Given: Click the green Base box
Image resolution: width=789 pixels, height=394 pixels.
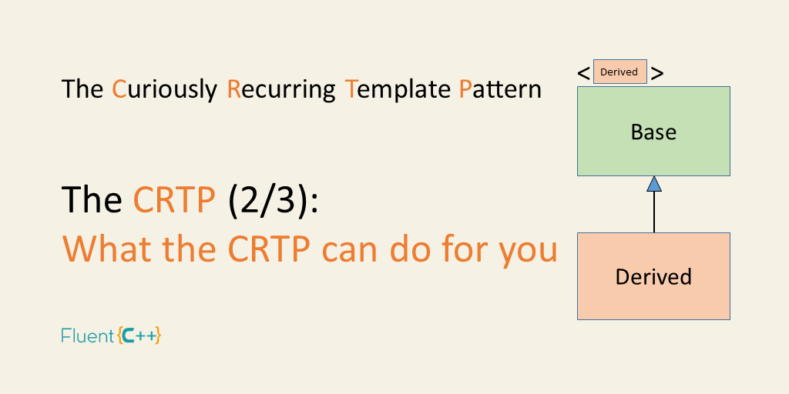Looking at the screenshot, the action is [x=653, y=131].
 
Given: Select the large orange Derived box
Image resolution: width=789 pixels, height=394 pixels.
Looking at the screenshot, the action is [x=653, y=276].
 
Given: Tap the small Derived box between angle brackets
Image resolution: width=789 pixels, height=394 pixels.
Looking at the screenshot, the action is [x=619, y=72].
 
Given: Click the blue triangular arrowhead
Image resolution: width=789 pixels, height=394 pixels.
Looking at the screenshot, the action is [x=653, y=184].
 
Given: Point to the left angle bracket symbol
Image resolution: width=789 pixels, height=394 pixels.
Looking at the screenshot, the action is [x=584, y=73].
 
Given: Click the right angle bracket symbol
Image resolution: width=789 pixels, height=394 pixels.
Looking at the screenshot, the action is [x=657, y=73].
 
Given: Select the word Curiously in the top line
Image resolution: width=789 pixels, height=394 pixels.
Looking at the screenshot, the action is [x=165, y=90].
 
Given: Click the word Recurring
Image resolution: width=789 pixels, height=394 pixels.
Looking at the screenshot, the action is [x=281, y=90].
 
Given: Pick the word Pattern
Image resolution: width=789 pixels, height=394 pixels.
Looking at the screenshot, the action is [x=500, y=89].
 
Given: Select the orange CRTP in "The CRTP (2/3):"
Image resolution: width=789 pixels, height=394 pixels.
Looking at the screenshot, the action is [x=174, y=199].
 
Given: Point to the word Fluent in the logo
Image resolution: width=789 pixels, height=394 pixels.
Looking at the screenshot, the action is [x=88, y=336].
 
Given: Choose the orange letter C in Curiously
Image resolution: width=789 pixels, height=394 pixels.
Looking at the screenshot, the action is [x=119, y=89].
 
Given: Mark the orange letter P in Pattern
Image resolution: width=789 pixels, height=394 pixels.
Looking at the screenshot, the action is [x=465, y=89].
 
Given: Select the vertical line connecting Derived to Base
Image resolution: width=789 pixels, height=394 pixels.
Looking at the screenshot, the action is [x=653, y=212].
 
